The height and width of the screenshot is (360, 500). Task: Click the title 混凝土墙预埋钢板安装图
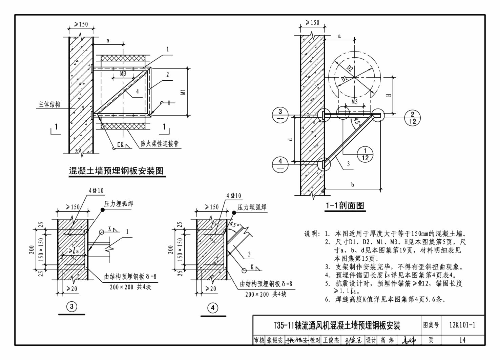(116, 171)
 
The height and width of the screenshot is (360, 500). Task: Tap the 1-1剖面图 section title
(345, 205)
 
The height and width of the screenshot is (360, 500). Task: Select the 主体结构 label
(49, 105)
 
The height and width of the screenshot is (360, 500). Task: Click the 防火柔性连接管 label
(160, 144)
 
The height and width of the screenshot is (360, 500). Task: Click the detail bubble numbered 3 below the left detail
(71, 307)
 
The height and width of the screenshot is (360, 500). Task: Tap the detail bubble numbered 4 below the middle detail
(213, 308)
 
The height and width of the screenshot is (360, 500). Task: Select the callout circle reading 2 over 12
(412, 118)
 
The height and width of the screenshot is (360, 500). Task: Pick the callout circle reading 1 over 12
(365, 154)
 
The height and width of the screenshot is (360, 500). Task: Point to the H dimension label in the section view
(389, 95)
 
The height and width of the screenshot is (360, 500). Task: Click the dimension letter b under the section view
(353, 185)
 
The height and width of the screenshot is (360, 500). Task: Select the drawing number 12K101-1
(462, 325)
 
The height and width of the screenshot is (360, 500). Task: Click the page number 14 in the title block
(462, 340)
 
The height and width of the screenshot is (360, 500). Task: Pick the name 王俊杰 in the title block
(331, 340)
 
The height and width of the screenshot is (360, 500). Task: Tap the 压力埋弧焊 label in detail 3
(119, 204)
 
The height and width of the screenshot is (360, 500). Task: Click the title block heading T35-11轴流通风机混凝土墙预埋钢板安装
(337, 325)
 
